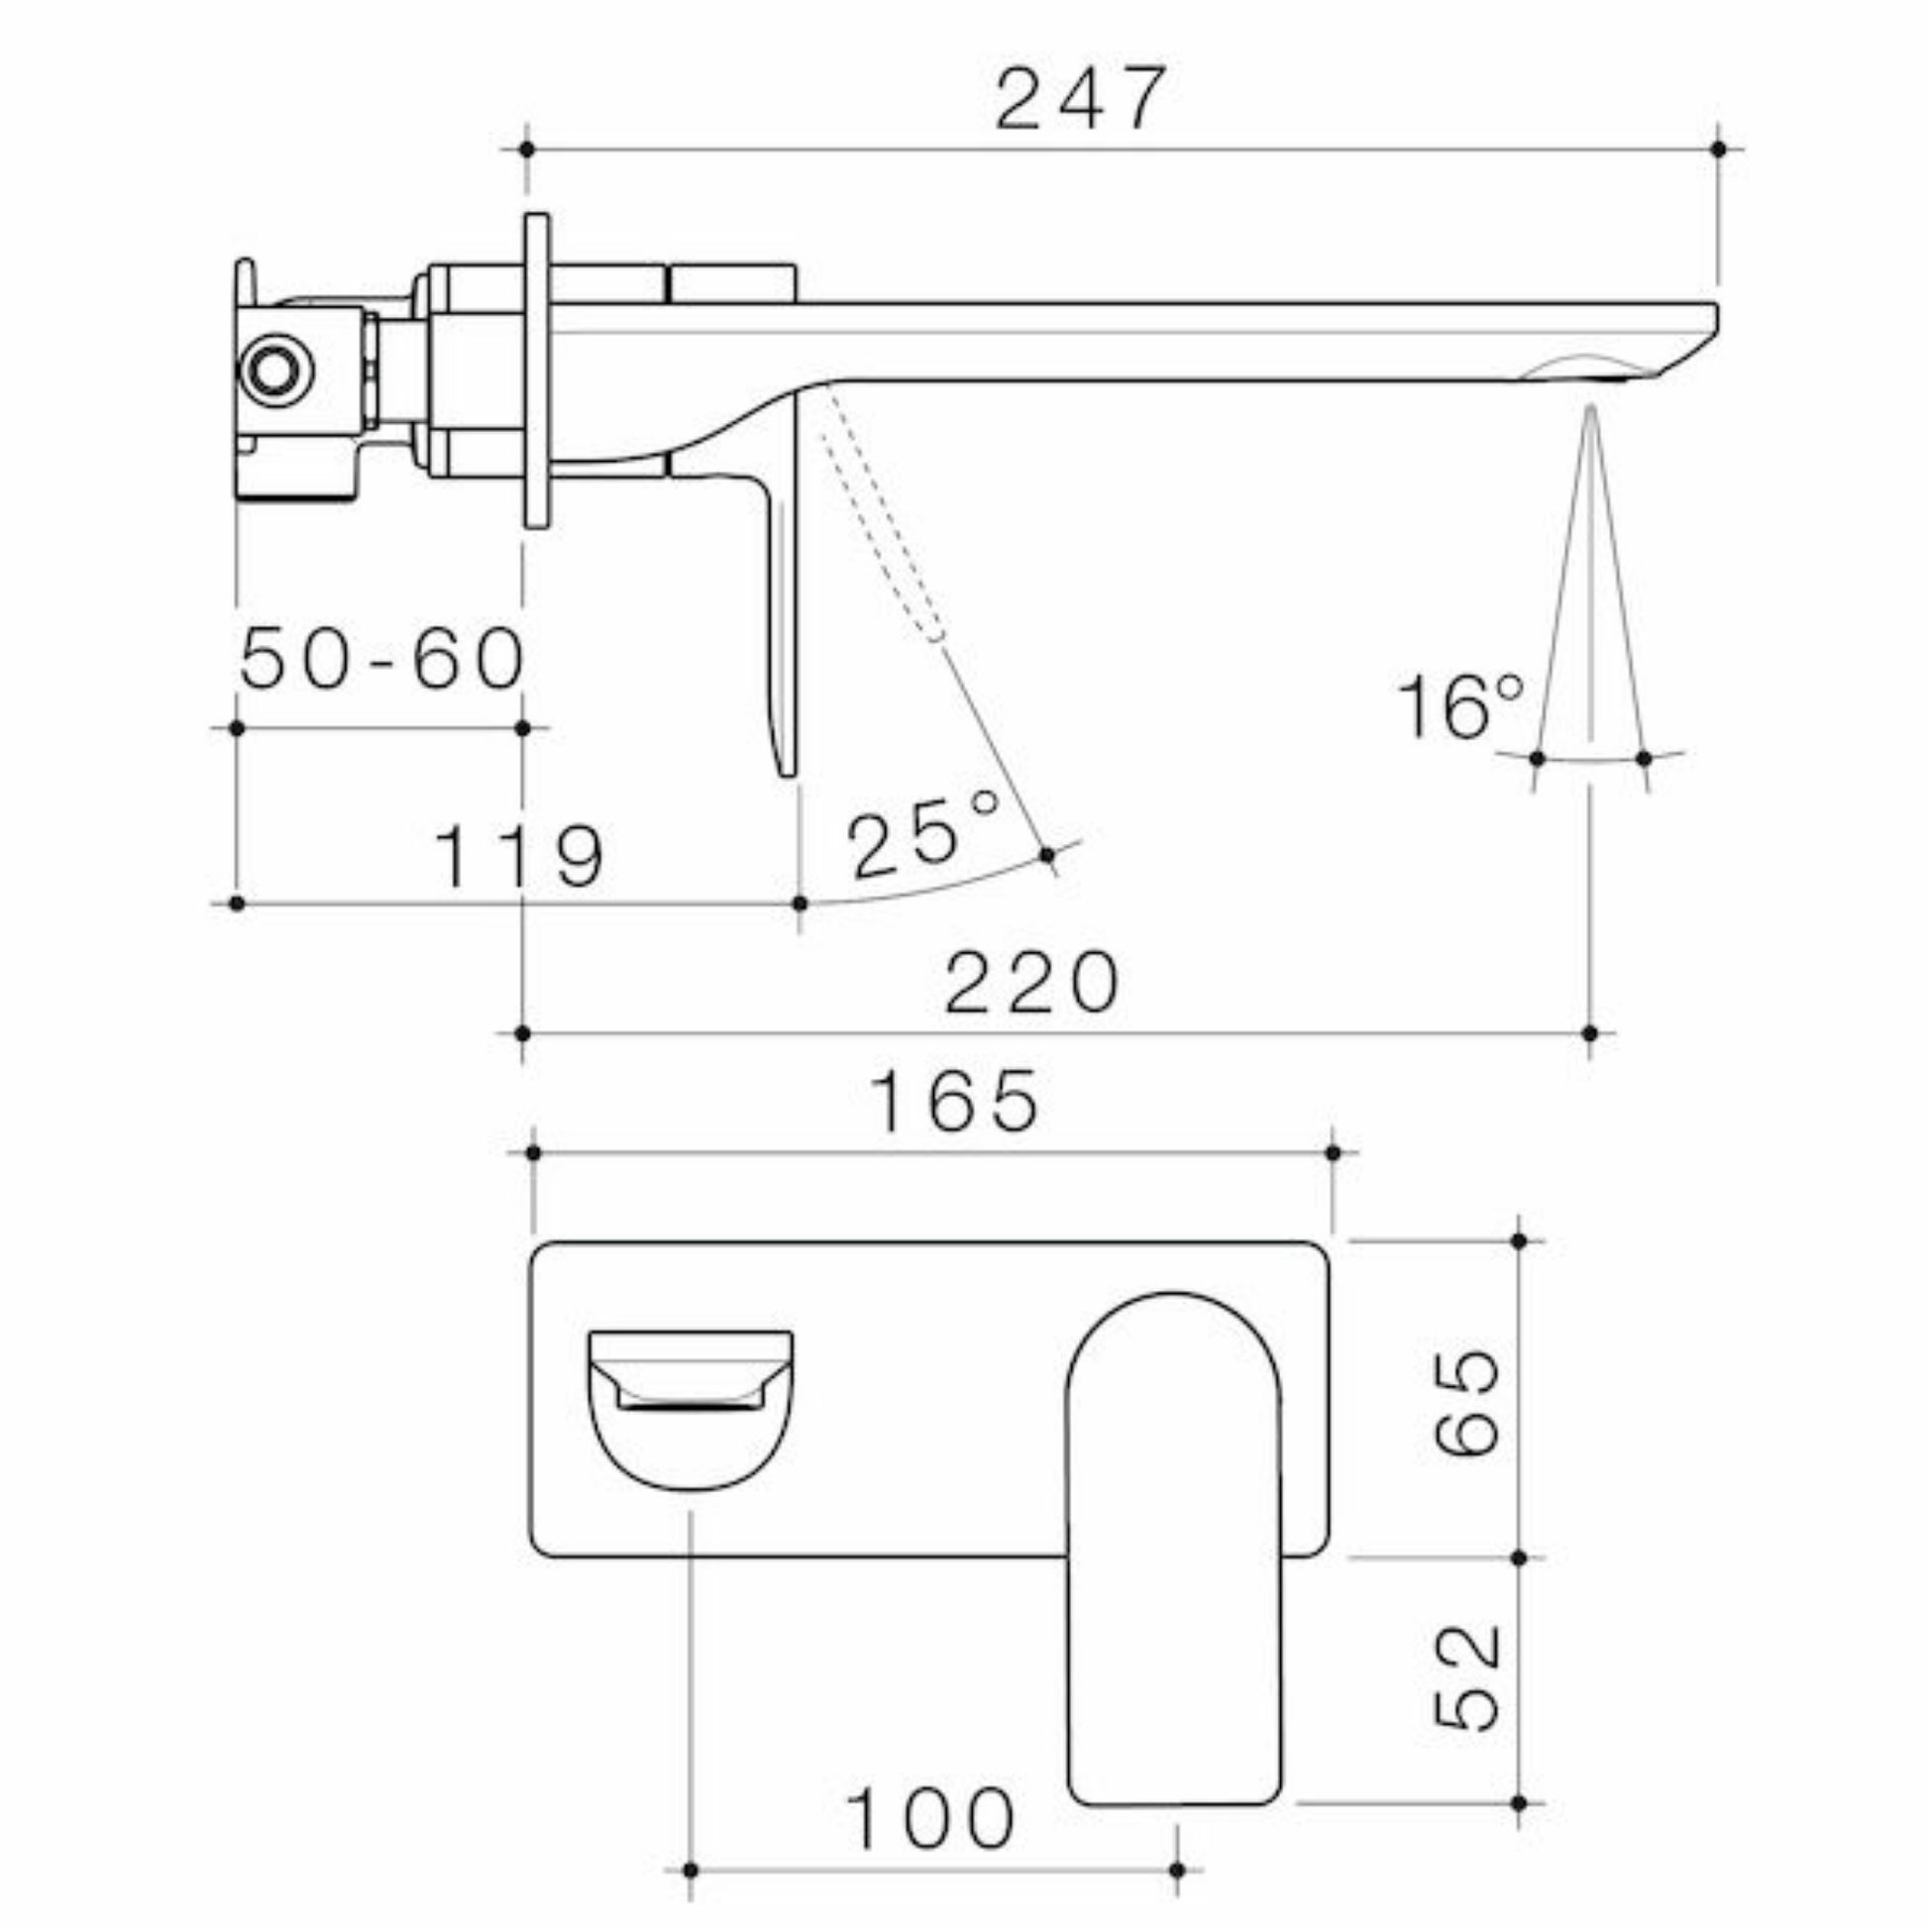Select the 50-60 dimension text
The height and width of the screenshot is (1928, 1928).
click(x=382, y=658)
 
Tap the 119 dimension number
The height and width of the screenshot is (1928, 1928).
click(x=519, y=856)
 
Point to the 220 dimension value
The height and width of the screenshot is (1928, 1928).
click(x=1031, y=983)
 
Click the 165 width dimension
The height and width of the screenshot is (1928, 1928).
click(x=955, y=1102)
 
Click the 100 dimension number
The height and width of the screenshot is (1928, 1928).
click(x=930, y=1818)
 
